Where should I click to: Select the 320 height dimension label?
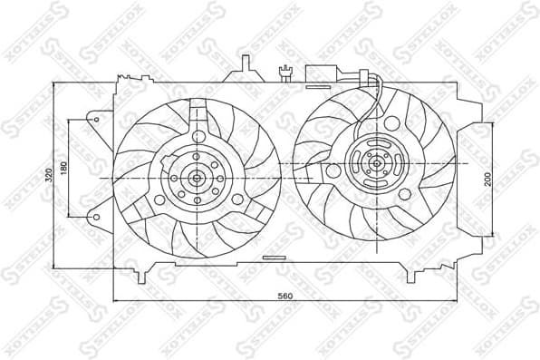[x=48, y=176]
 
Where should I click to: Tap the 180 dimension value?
[x=63, y=170]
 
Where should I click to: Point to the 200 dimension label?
[x=487, y=179]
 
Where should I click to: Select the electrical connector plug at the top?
[x=323, y=73]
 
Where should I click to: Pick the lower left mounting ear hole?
[x=94, y=218]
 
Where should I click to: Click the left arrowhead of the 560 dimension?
[x=116, y=299]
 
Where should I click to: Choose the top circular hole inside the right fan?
[x=391, y=123]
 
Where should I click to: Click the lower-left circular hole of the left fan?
[x=160, y=199]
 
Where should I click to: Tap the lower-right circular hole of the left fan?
[x=236, y=199]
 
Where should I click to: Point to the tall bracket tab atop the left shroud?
[x=245, y=66]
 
